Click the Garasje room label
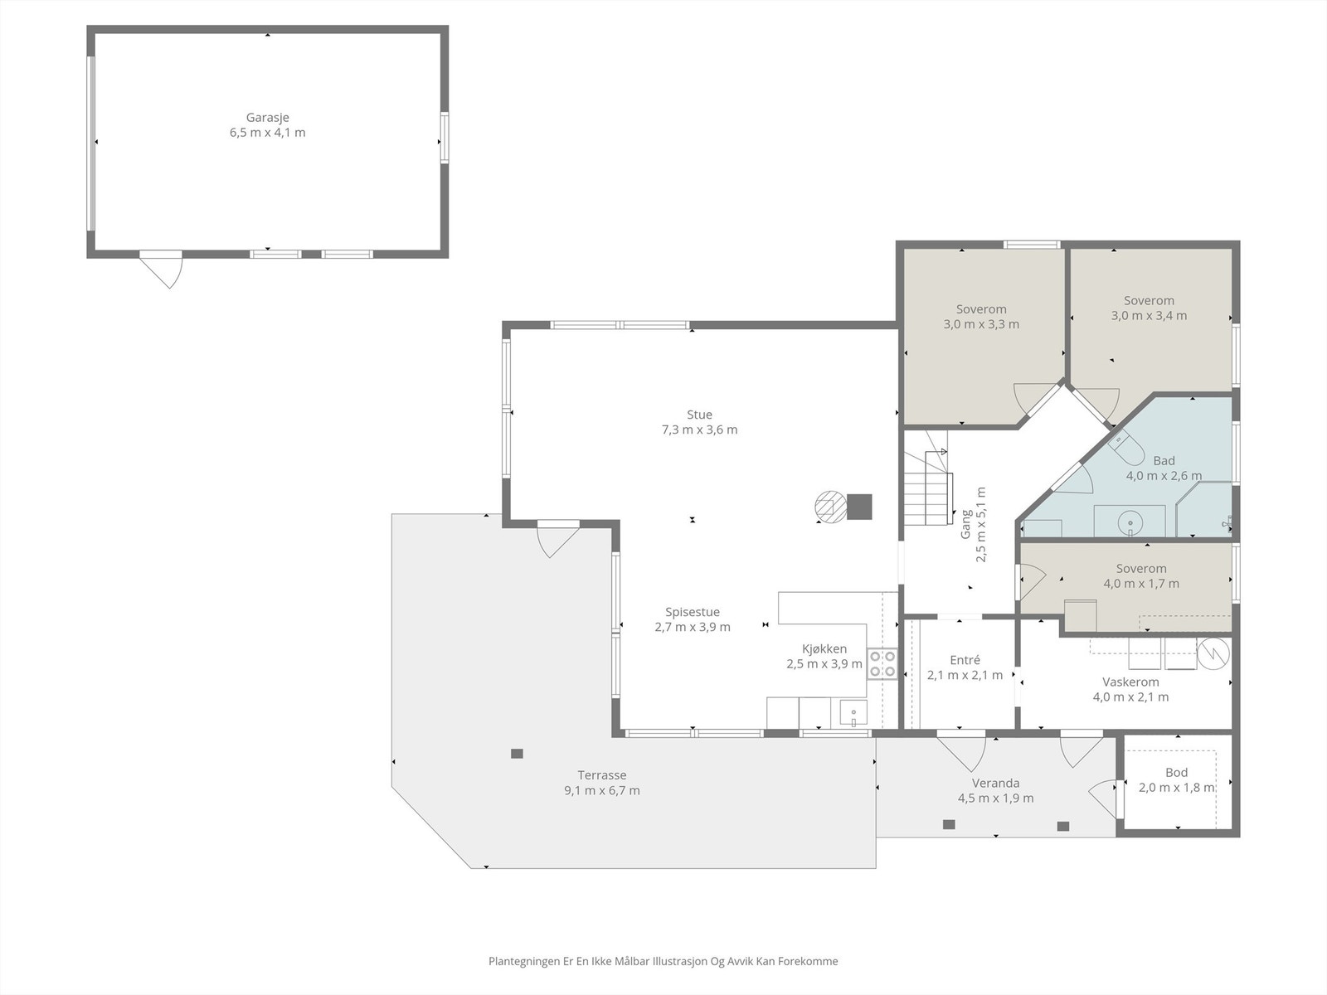point(267,118)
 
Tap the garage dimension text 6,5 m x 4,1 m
point(267,133)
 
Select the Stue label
point(699,415)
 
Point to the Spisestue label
point(693,612)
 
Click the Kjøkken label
point(824,649)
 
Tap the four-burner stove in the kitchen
point(882,663)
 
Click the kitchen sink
point(853,714)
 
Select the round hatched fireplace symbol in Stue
point(829,507)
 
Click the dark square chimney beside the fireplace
point(859,507)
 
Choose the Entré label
point(965,660)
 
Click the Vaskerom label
point(1130,682)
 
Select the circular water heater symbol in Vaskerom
point(1213,653)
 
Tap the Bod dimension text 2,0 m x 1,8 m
point(1176,788)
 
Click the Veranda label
point(996,783)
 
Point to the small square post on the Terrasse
point(517,754)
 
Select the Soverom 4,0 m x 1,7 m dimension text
point(1141,584)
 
